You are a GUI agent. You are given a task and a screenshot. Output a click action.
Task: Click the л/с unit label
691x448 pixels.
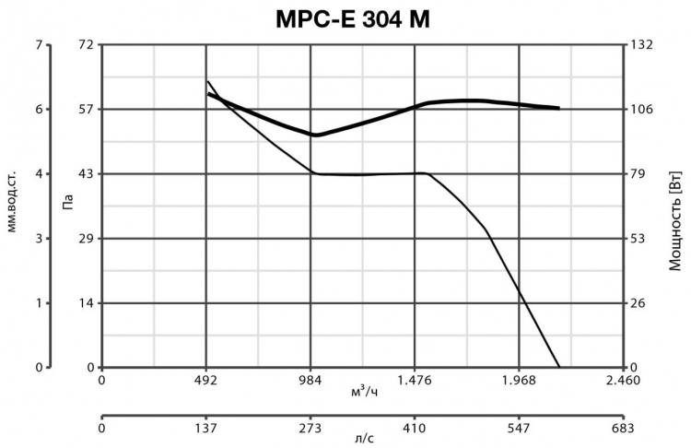point(363,440)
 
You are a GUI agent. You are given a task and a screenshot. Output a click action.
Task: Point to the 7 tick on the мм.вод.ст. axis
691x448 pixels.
point(39,44)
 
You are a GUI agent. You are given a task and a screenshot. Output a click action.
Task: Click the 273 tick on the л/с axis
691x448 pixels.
point(310,429)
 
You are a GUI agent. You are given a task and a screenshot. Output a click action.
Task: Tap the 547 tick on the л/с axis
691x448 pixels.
point(520,429)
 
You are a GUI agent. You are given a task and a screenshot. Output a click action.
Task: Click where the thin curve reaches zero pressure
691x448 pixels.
point(559,367)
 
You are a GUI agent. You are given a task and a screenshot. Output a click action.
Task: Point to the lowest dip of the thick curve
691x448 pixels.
point(315,135)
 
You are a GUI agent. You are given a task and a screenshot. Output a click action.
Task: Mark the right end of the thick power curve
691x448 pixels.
point(559,108)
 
